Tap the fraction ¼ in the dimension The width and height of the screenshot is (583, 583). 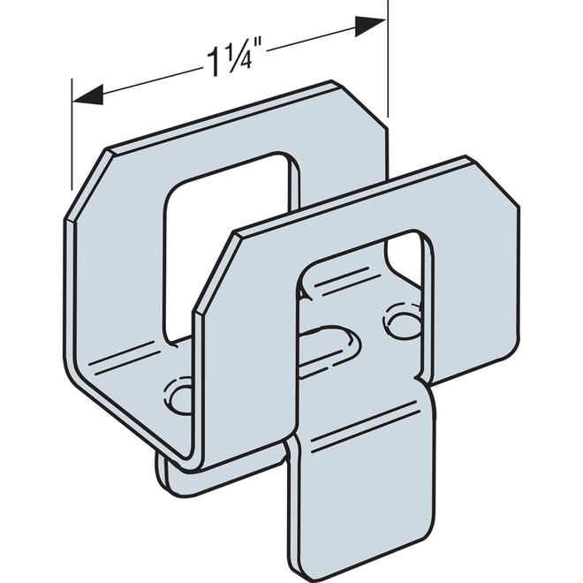pos(231,57)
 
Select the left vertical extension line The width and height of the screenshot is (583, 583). pos(72,132)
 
